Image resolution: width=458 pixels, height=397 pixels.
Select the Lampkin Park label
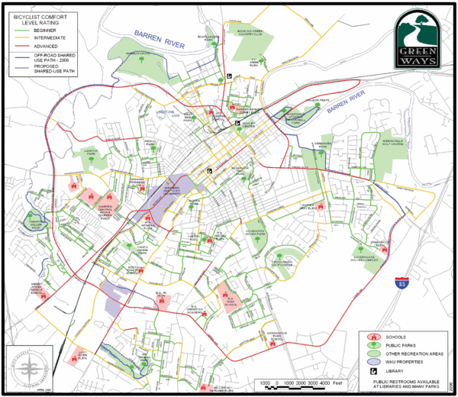[x=94, y=152]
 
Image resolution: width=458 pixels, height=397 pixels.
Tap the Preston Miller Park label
[x=37, y=222]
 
